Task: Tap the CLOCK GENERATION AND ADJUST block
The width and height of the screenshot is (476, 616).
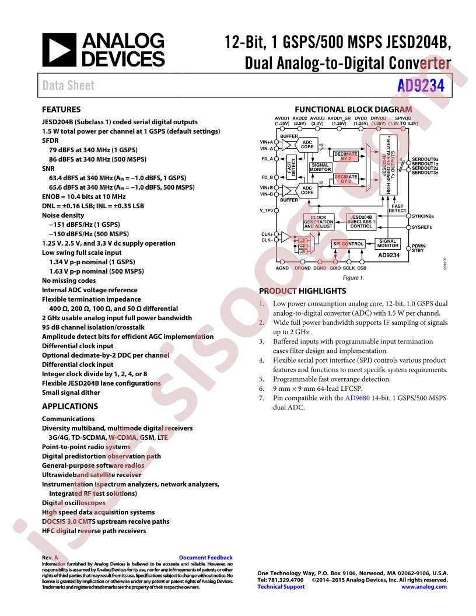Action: coord(318,222)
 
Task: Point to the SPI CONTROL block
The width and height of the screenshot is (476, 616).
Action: coord(348,243)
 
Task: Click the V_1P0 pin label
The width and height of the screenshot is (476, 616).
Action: coord(267,210)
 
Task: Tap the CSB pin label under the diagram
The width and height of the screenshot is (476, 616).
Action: coord(362,267)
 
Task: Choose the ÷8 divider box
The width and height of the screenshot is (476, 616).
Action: coord(302,251)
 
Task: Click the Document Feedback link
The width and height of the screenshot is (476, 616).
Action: coord(205,558)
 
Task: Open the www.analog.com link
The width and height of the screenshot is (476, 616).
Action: coord(424,587)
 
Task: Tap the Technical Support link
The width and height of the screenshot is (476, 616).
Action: coord(281,587)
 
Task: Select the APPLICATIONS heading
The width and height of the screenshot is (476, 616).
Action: coord(70,406)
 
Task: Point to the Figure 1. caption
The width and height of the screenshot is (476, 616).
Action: coord(353,278)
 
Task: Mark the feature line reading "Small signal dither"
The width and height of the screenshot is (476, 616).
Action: coord(71,393)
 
